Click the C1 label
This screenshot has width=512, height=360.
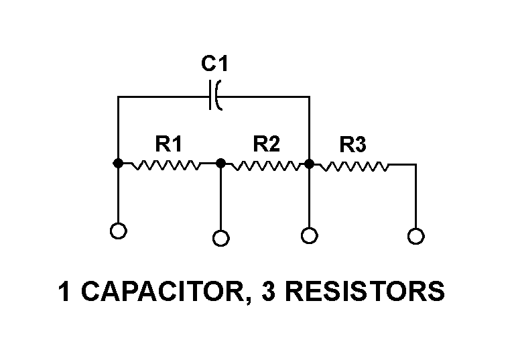(x=215, y=64)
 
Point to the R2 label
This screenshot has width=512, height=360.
(x=266, y=143)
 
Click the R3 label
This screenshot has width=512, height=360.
(x=353, y=145)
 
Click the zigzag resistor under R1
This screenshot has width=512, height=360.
(x=166, y=164)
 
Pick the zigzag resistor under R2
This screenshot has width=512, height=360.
(x=265, y=164)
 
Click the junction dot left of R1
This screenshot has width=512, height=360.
(x=118, y=163)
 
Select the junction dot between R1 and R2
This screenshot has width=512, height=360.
(x=220, y=163)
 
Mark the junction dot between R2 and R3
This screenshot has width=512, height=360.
(x=309, y=163)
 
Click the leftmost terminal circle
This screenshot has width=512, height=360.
(x=118, y=231)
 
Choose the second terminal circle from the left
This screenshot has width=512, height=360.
(x=220, y=238)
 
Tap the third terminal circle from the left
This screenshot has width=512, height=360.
(x=309, y=235)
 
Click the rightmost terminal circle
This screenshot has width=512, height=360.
(x=415, y=236)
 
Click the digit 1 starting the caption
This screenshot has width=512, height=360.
(x=64, y=292)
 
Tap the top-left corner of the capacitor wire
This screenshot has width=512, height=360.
(x=118, y=97)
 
